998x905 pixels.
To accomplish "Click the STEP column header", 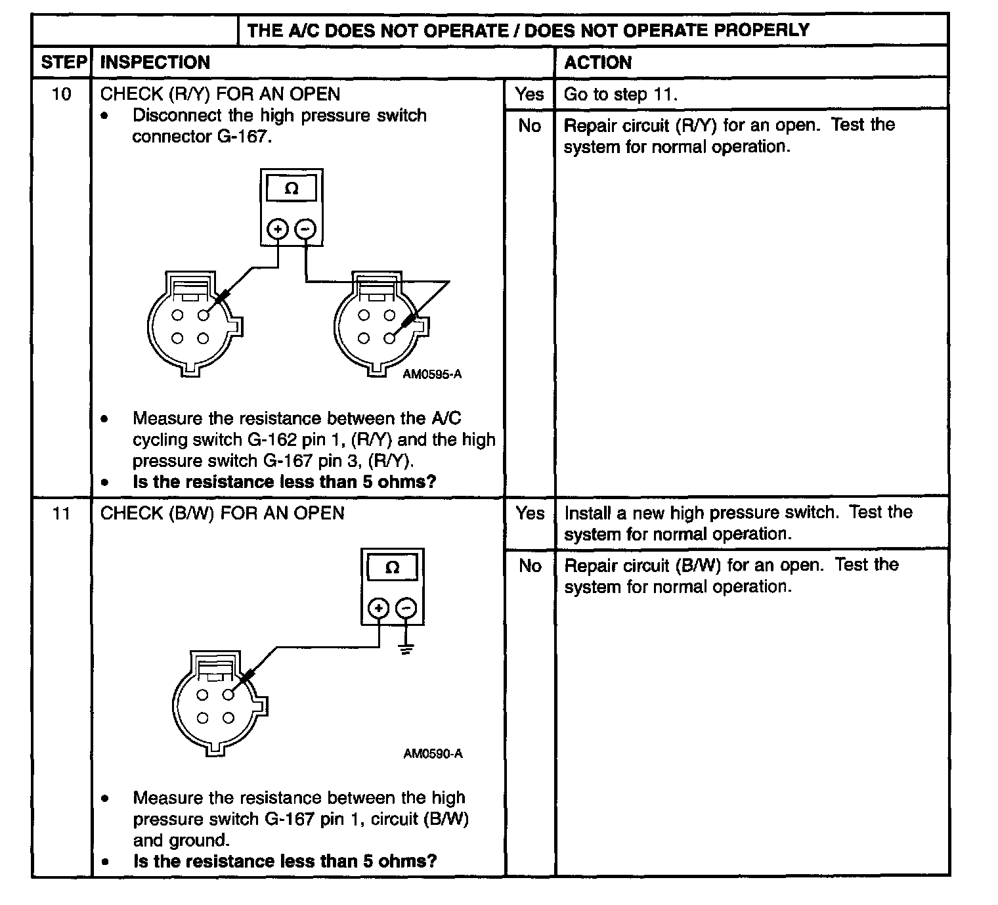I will coord(63,62).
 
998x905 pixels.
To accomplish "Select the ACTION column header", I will coord(597,62).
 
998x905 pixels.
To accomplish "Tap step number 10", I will coord(61,94).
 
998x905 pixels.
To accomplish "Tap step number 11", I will coord(61,513).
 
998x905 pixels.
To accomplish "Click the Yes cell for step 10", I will coord(529,94).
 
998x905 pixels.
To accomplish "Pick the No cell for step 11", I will coord(529,565).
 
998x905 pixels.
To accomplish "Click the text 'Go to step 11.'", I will coord(620,94).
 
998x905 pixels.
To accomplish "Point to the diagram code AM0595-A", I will coord(432,374).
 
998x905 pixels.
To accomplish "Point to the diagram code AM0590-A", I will coord(433,753).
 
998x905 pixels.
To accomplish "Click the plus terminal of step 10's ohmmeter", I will coord(278,229).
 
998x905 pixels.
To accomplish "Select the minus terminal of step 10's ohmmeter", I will coord(305,229).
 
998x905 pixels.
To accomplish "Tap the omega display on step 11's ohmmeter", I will coord(392,567).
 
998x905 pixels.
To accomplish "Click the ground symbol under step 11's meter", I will coord(407,650).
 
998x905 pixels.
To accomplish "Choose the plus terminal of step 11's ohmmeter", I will coord(378,608).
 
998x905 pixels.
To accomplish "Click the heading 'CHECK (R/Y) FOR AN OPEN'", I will coord(220,94).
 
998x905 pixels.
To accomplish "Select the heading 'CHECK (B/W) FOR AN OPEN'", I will coord(222,513).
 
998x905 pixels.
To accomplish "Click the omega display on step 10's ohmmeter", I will coord(292,189).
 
